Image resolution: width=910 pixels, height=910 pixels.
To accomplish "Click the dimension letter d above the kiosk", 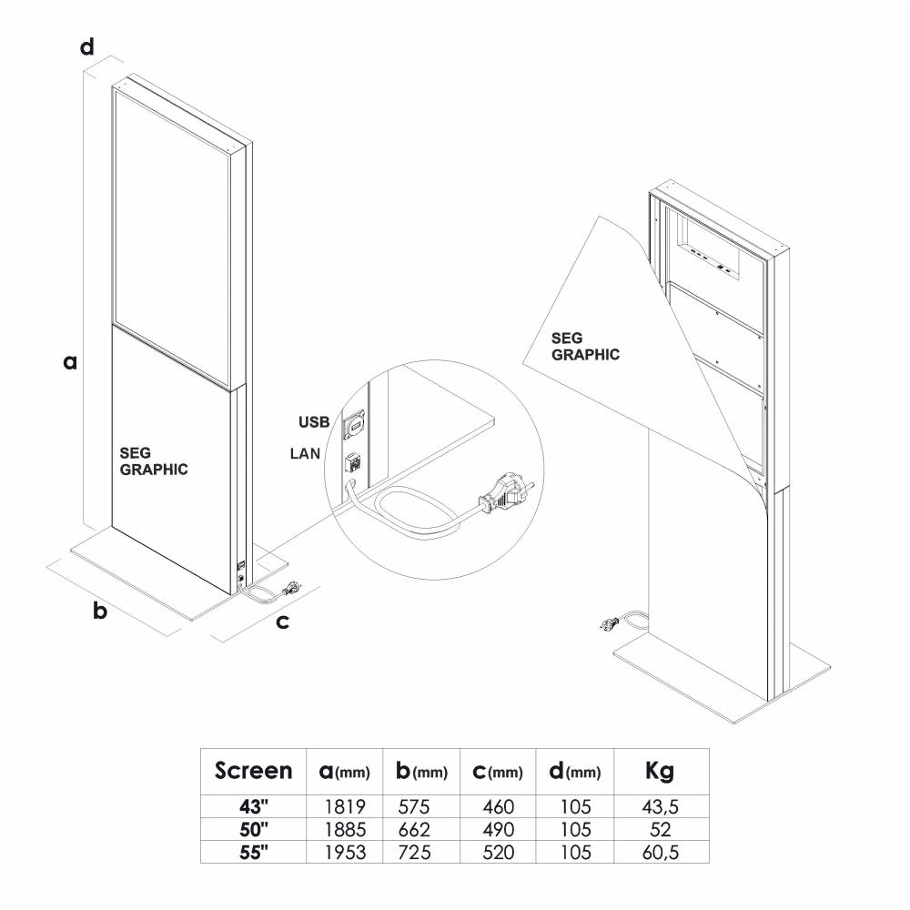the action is [87, 46].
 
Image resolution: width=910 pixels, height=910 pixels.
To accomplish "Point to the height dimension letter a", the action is [70, 362].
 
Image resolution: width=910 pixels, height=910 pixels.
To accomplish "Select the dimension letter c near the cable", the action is [283, 622].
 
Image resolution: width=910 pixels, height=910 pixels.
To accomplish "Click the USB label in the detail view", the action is [314, 422].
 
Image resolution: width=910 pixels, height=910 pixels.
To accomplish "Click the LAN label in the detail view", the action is [305, 453].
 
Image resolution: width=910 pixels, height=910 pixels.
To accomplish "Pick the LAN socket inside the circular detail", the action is [353, 462].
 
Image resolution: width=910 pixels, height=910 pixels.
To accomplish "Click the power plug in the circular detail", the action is [505, 492].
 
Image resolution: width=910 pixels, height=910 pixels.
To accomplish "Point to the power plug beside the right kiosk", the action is [610, 624].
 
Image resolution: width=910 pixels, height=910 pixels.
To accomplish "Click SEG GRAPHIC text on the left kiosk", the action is [154, 461].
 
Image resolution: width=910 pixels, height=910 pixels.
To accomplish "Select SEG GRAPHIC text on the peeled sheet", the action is [585, 347].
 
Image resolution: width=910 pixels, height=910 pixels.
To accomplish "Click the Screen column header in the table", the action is [254, 771].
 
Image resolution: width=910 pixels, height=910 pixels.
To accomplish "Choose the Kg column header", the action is [660, 772].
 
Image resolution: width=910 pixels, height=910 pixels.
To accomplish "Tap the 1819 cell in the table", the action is [345, 806].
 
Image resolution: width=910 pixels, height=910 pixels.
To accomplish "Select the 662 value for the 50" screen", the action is [414, 829].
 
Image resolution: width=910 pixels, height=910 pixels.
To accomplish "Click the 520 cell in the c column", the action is [498, 852].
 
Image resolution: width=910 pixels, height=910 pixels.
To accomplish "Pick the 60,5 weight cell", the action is [661, 852].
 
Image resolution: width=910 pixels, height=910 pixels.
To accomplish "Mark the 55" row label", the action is [254, 852].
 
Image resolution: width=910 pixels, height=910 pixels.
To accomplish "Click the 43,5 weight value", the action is [661, 806].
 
